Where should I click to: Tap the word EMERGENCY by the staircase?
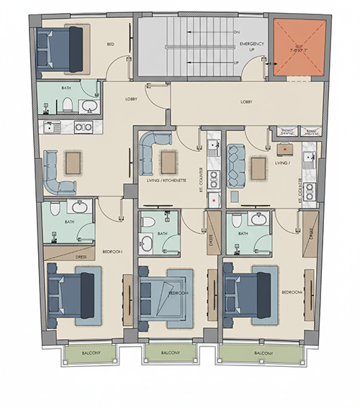[253, 44]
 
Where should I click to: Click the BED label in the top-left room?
[111, 45]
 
